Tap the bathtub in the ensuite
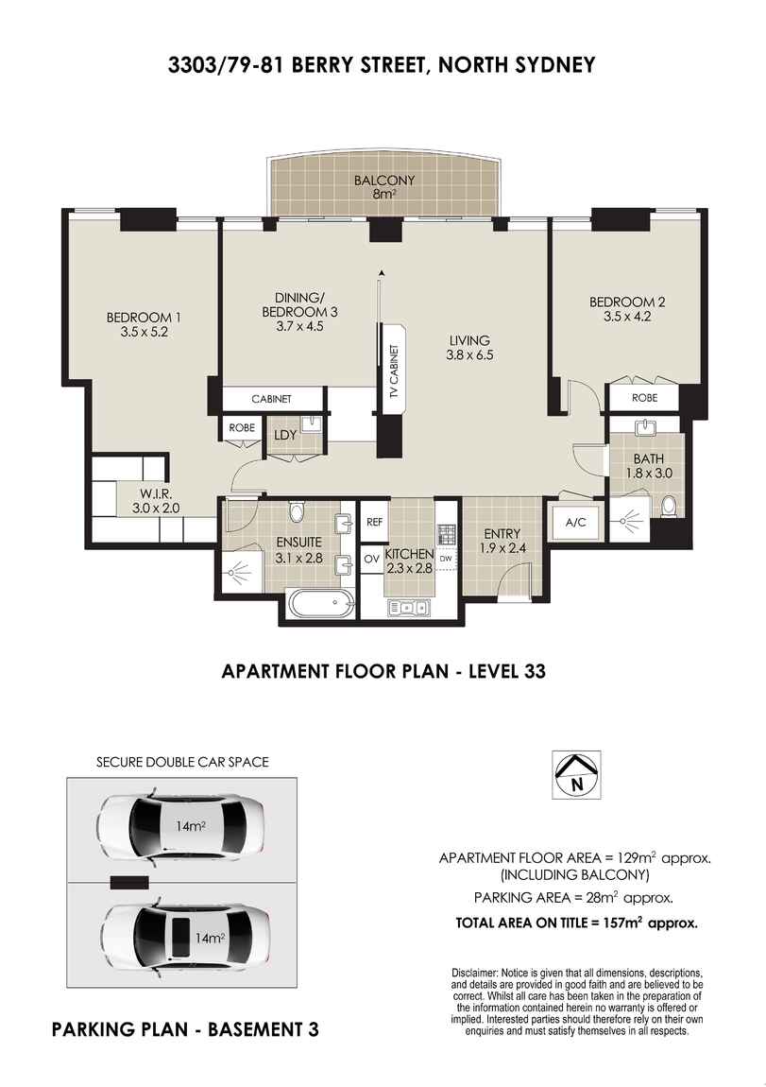pyautogui.click(x=320, y=602)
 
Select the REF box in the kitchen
pyautogui.click(x=373, y=521)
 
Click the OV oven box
pyautogui.click(x=372, y=559)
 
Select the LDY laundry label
pyautogui.click(x=285, y=436)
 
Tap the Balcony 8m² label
pyautogui.click(x=383, y=188)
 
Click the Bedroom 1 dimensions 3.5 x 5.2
pyautogui.click(x=144, y=332)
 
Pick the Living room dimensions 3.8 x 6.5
pyautogui.click(x=469, y=355)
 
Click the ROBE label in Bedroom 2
pyautogui.click(x=644, y=398)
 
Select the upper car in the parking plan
pyautogui.click(x=180, y=826)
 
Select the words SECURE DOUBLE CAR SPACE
pyautogui.click(x=181, y=761)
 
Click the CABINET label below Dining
pyautogui.click(x=270, y=399)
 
